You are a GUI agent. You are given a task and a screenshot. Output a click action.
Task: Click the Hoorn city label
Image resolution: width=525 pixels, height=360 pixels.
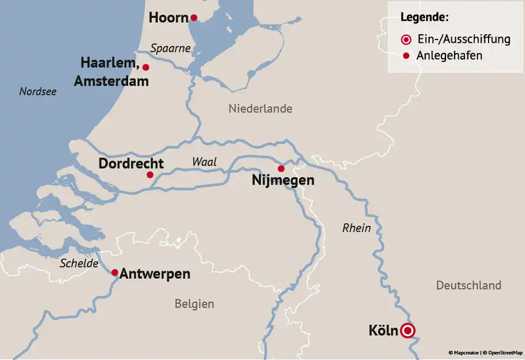[x=168, y=18]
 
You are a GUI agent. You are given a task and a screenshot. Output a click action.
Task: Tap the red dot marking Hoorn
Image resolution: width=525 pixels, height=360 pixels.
[x=194, y=18]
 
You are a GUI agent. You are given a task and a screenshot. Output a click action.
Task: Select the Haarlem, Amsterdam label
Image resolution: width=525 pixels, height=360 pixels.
[x=111, y=71]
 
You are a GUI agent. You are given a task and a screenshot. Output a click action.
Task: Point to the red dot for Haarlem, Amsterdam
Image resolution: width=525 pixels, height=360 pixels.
[x=146, y=67]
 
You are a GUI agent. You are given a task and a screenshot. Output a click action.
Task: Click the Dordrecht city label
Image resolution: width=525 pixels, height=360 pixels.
[x=131, y=164]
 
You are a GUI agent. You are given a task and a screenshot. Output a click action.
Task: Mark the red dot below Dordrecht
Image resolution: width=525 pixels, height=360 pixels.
[x=150, y=175]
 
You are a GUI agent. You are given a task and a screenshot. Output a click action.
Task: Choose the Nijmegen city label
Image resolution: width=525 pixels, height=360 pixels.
[x=283, y=181]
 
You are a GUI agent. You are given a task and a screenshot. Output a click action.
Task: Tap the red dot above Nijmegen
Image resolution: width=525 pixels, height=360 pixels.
[x=281, y=169]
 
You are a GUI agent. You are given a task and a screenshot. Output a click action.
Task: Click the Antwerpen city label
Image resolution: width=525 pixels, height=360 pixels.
[x=155, y=274]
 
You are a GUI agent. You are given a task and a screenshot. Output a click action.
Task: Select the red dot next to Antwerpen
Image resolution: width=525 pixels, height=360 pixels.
[x=115, y=272]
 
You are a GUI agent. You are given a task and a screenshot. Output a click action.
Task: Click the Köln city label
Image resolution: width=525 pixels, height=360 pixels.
[x=383, y=331]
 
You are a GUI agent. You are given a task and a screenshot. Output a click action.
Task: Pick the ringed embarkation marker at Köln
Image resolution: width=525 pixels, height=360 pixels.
[x=407, y=331]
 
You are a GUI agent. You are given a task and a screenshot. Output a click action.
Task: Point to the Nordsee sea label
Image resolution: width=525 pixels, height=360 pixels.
[x=38, y=92]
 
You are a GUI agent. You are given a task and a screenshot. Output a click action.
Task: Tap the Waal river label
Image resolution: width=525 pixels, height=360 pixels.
[x=204, y=162]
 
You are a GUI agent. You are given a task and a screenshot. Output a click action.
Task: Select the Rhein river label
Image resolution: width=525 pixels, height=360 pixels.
[x=357, y=228]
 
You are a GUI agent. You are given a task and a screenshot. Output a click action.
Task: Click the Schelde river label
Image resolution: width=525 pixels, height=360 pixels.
[x=79, y=264]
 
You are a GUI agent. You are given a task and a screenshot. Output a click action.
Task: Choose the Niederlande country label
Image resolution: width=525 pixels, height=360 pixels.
[x=260, y=109]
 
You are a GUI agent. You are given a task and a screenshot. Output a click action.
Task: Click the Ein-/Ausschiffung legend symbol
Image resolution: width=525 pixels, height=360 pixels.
[x=406, y=40]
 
